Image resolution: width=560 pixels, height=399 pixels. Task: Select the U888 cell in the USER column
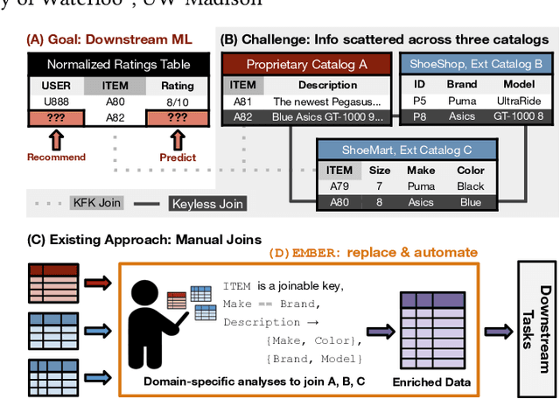pyautogui.click(x=57, y=101)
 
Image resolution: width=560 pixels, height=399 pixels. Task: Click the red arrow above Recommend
pyautogui.click(x=57, y=138)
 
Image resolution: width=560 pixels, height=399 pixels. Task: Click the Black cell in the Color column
pyautogui.click(x=470, y=186)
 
